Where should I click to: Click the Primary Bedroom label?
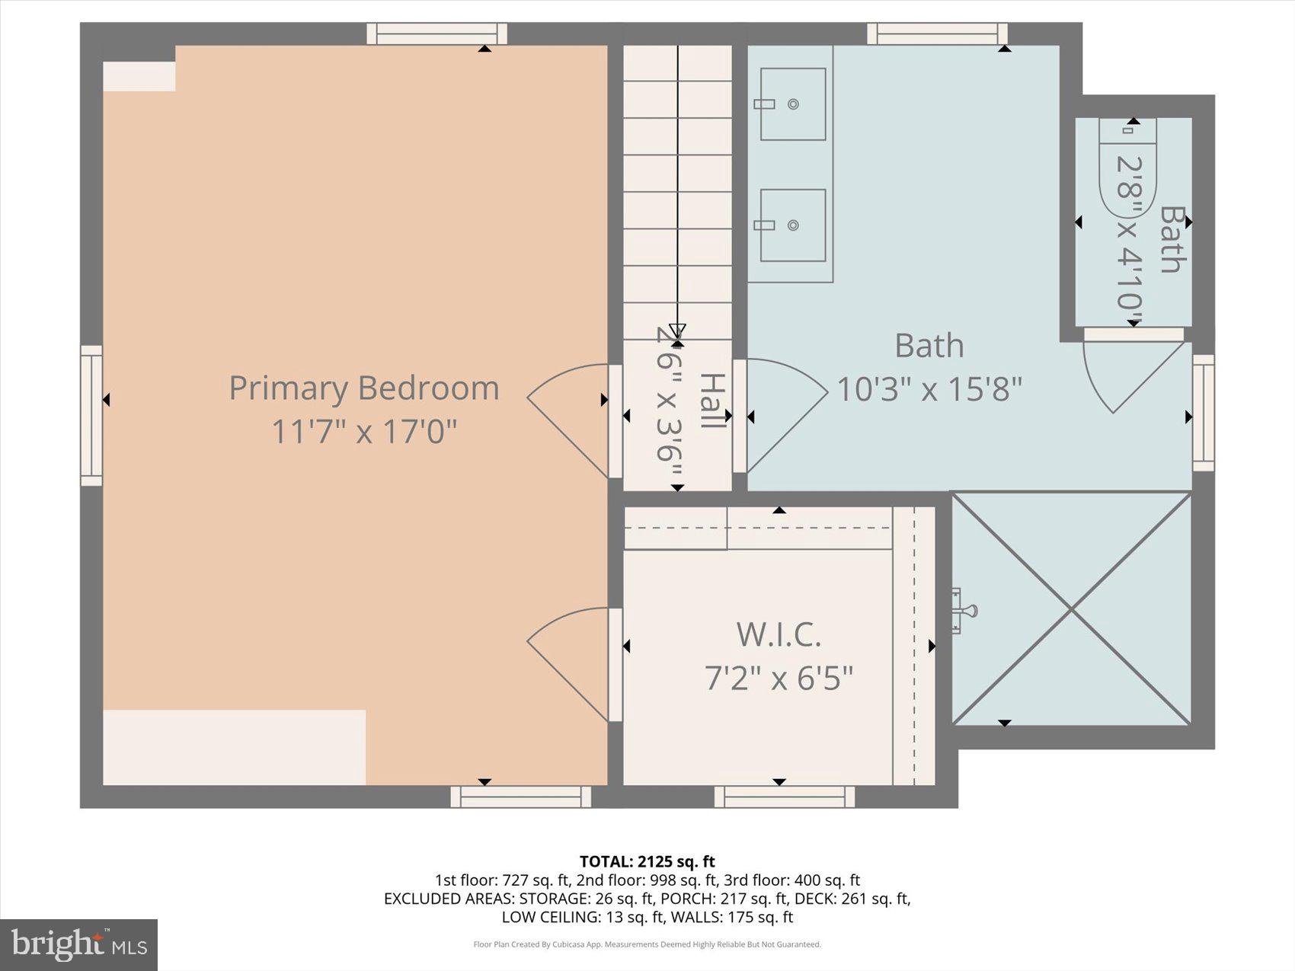coord(364,388)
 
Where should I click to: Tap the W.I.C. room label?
coord(779,634)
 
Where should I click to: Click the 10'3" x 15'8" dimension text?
coord(929,389)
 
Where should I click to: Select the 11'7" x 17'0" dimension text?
coord(364,432)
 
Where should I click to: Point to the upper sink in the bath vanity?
coord(792,104)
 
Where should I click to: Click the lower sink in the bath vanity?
coord(792,225)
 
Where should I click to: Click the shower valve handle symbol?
coord(963,610)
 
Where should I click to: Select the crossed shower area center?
coord(1071,608)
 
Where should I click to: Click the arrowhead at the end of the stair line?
coord(677,330)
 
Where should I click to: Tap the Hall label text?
coord(711,401)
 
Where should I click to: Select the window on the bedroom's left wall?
coord(91,416)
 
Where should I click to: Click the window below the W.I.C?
coord(785,797)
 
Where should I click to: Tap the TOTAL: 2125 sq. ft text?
coord(647,861)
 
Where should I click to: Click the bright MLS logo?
coord(78,944)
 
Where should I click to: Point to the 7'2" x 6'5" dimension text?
coord(779,677)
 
